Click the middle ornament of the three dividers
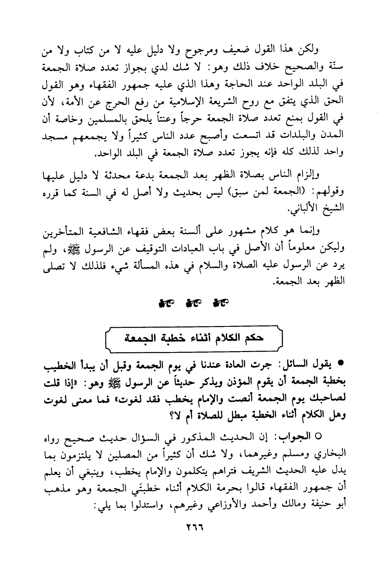193,302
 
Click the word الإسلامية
184,98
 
